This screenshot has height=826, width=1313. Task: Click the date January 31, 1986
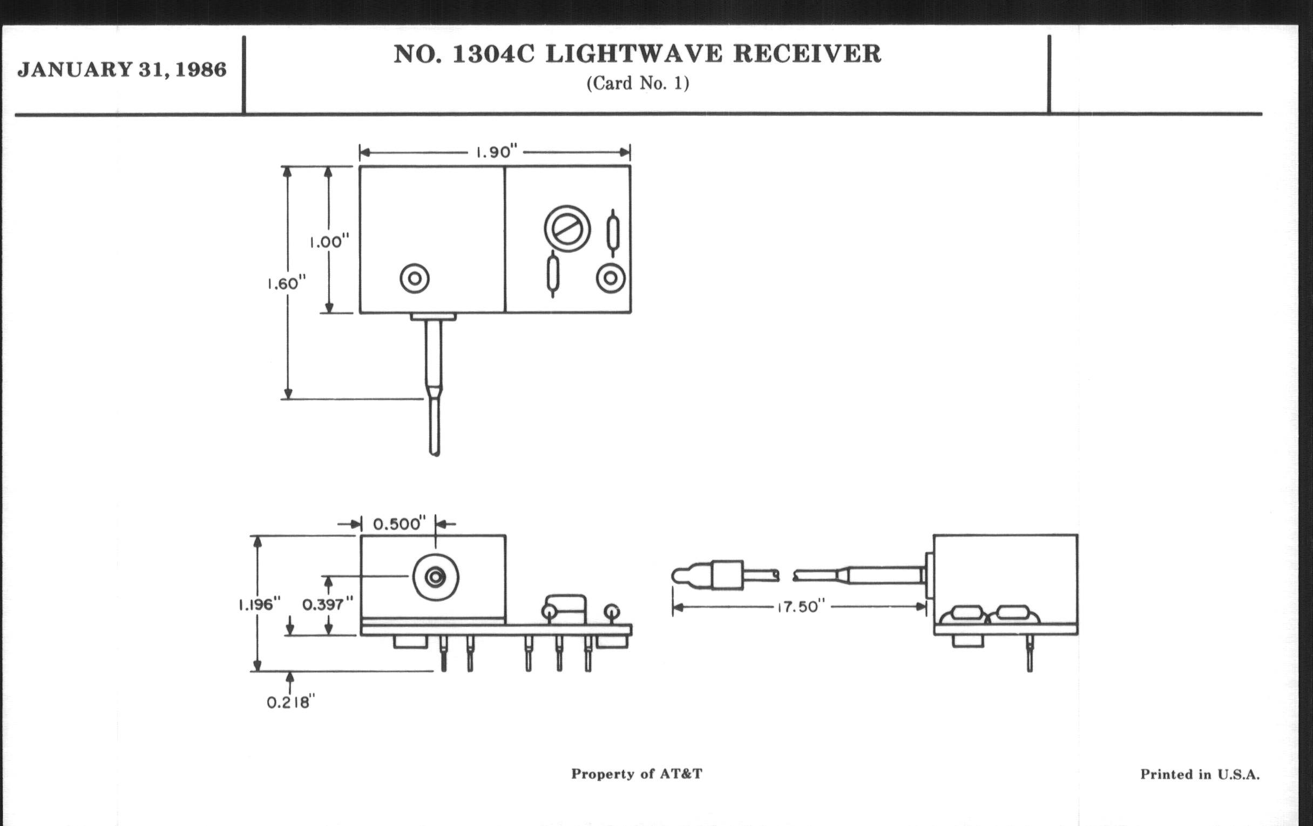coord(121,70)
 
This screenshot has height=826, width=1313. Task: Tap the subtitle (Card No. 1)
coord(638,84)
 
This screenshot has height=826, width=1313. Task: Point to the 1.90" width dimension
coord(496,152)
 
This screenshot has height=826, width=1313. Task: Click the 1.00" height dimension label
coord(329,241)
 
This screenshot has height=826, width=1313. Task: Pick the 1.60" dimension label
coord(286,283)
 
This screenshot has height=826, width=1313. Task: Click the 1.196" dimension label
coord(259,604)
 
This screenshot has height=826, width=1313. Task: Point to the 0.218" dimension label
coord(290,702)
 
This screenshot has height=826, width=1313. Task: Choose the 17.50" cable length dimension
coord(800,607)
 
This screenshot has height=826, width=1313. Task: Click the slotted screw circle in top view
coord(567,229)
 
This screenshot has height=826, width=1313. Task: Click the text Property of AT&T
coord(637,774)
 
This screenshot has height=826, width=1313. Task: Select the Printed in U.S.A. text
coord(1200,774)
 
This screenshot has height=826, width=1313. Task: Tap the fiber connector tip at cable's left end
coord(681,577)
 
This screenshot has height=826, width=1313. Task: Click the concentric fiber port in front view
coord(436,577)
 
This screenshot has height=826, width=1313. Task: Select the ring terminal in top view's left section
coord(415,279)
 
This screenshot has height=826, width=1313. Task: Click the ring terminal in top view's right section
coord(611,278)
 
